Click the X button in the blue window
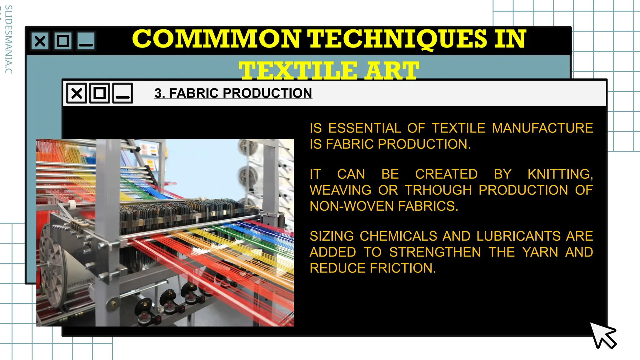40,41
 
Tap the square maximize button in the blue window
63,41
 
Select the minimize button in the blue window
86,41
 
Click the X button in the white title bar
77,93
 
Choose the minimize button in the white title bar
123,93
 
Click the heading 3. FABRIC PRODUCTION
233,93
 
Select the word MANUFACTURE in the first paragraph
542,128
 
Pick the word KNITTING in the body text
560,174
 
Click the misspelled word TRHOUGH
438,190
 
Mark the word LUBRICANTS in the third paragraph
518,236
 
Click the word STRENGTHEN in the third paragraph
435,252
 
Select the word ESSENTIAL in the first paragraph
364,128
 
